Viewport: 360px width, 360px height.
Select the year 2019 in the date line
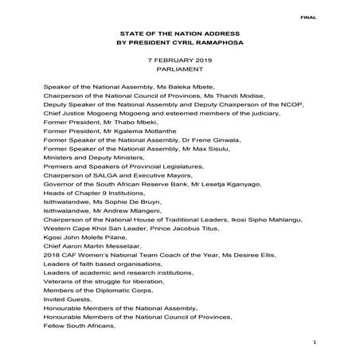(x=199, y=61)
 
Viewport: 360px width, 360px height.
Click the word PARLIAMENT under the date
(x=180, y=70)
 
